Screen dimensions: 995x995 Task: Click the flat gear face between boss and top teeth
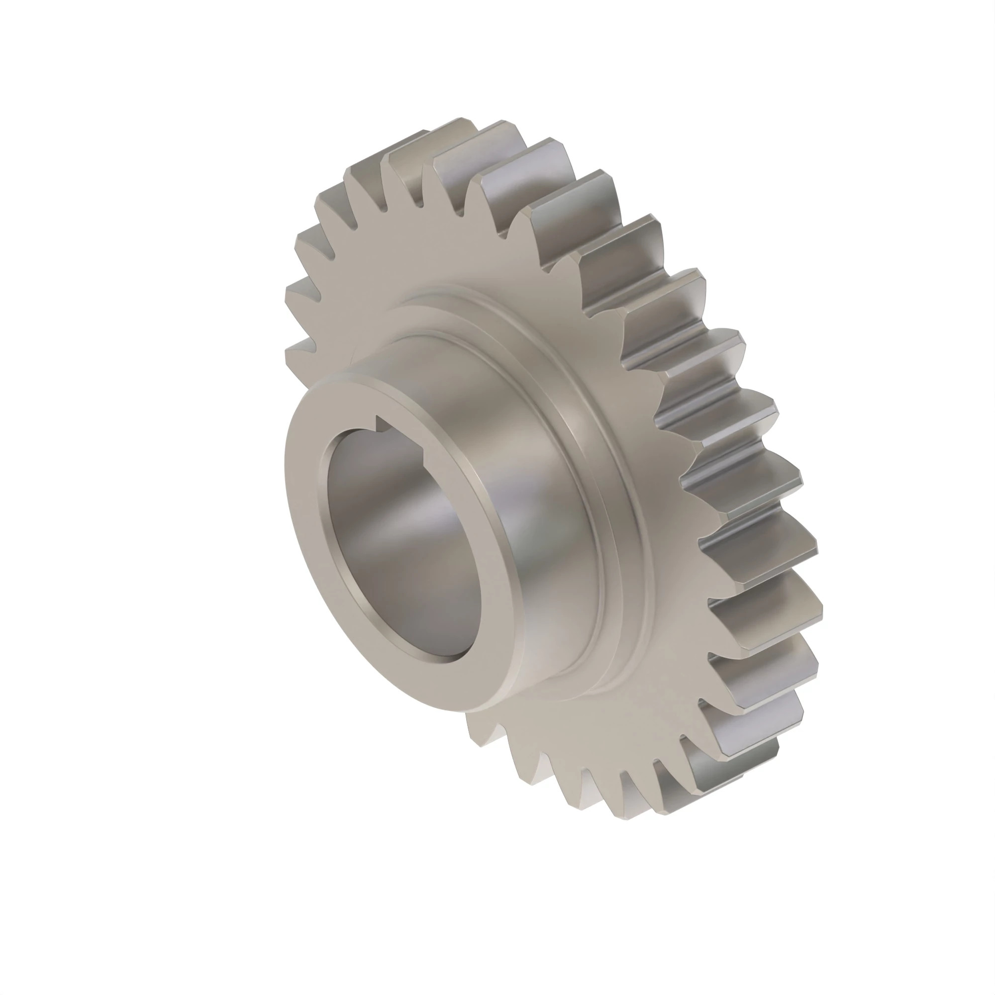click(464, 247)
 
